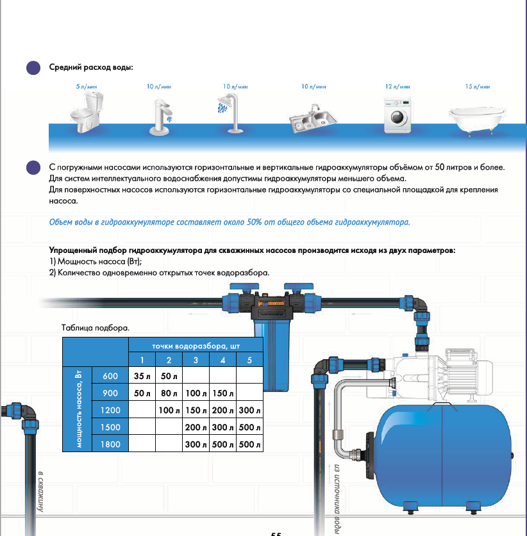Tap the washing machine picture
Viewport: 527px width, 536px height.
[x=397, y=115]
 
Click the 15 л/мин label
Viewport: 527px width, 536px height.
[x=478, y=86]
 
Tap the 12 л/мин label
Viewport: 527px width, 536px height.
[x=397, y=86]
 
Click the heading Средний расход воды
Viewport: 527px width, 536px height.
[x=91, y=67]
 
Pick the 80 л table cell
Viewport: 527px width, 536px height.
[x=169, y=393]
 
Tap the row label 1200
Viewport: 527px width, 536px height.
[x=110, y=410]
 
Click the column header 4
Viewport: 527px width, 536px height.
[x=222, y=359]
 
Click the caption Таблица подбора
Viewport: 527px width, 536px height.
[x=96, y=327]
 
